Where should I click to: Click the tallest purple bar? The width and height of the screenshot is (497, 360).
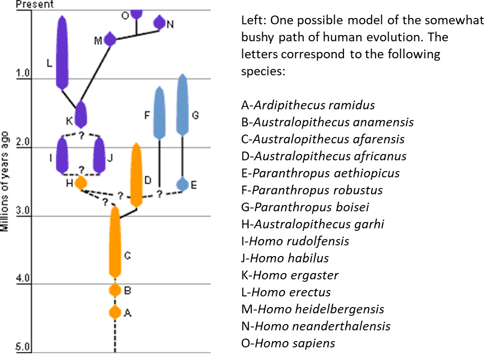coord(62,52)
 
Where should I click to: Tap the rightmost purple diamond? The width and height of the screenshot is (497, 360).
coord(159,22)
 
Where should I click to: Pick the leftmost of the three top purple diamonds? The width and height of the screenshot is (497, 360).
coord(110,39)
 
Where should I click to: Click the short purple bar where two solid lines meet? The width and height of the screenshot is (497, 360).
coord(81,114)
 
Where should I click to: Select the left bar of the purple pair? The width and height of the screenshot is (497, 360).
coord(62,155)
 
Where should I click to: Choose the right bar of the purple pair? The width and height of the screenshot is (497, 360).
coord(99,155)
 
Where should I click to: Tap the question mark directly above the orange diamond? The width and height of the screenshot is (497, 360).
coord(82,170)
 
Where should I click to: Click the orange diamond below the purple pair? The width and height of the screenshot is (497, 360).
coord(81,183)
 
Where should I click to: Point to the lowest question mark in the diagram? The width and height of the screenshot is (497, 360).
coord(105,202)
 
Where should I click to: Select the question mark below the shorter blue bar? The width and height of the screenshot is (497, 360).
coord(159,194)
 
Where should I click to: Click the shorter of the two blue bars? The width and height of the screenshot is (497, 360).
coord(159,113)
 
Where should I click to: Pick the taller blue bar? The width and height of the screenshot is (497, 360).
coord(182,104)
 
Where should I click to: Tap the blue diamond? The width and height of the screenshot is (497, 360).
coord(182,184)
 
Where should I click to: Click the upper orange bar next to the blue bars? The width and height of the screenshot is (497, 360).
coord(137,175)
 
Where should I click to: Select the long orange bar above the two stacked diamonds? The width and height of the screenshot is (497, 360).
coord(115,243)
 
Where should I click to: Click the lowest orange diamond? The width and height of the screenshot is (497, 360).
coord(115,312)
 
